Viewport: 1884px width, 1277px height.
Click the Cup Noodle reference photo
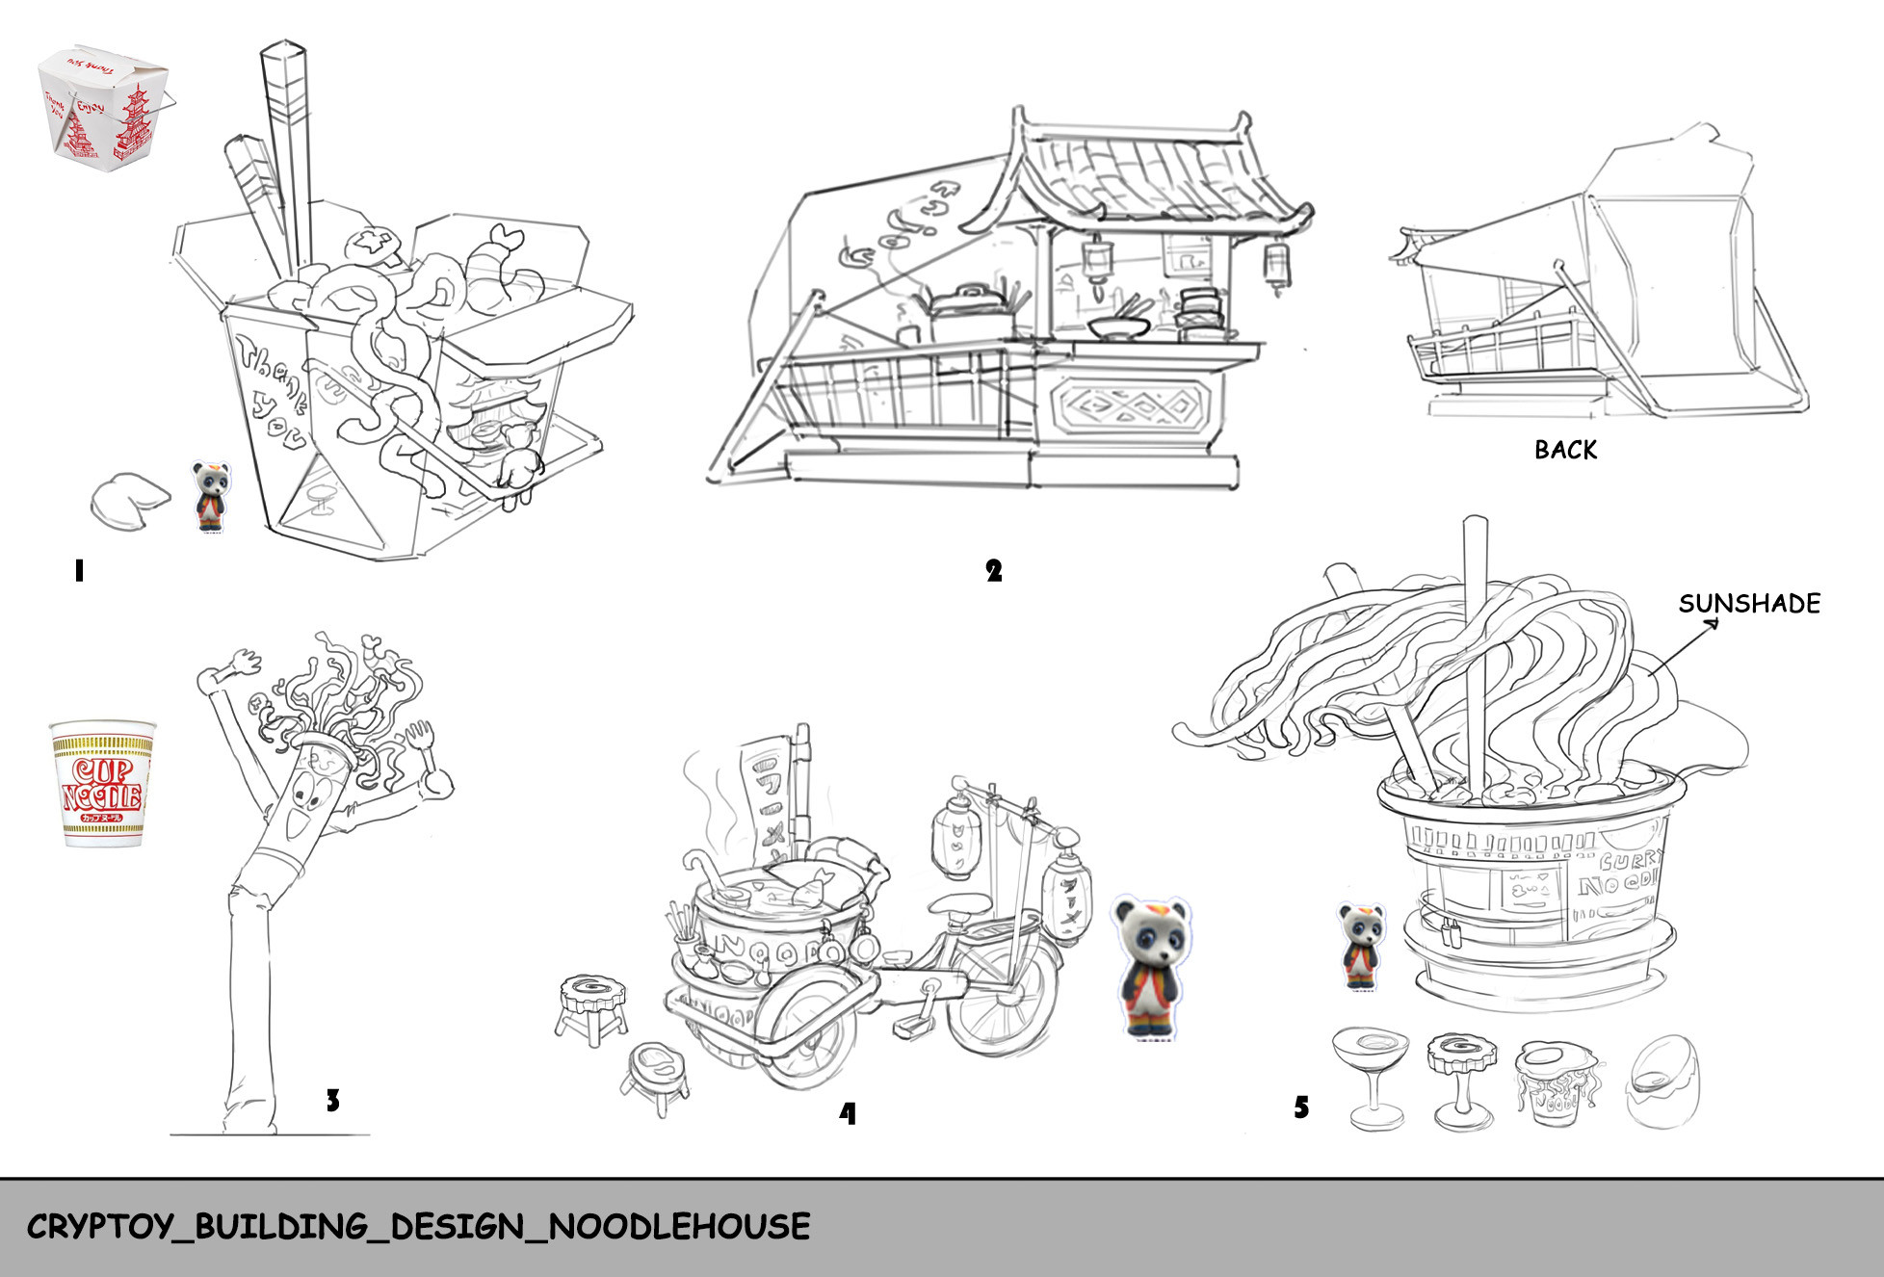(102, 783)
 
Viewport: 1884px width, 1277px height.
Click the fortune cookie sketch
(130, 500)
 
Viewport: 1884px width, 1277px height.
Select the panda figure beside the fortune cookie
(211, 496)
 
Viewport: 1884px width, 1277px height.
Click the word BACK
(1565, 450)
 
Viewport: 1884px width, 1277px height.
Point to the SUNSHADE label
(1749, 604)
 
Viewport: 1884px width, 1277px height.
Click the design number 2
(994, 571)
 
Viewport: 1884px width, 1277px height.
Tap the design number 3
(332, 1100)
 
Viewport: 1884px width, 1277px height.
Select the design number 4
(847, 1113)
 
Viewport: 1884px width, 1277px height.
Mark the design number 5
(1301, 1108)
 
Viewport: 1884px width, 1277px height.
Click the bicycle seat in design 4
(958, 904)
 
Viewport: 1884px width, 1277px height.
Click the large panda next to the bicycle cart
(1152, 967)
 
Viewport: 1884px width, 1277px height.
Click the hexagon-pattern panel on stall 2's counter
(1128, 406)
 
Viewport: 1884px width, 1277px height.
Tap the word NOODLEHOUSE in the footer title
(679, 1227)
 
